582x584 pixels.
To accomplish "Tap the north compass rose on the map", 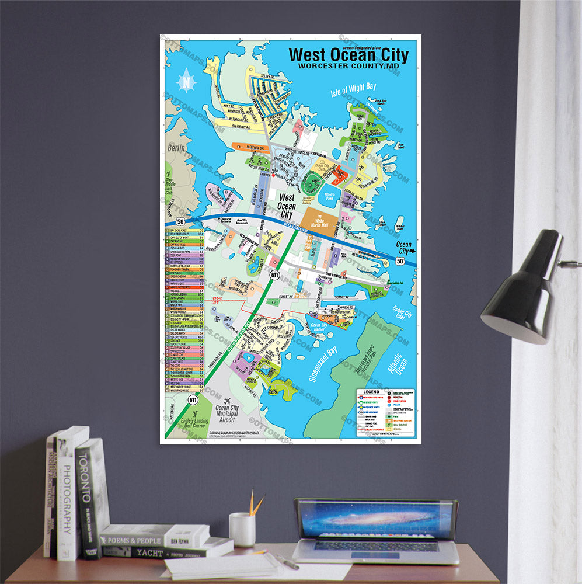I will click(x=186, y=81).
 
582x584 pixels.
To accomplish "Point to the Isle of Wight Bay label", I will click(x=353, y=89).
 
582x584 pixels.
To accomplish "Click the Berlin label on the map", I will click(x=177, y=148).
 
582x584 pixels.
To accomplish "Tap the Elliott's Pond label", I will click(x=330, y=197).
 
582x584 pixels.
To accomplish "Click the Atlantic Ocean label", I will click(x=398, y=357).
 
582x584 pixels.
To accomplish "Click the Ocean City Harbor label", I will click(x=319, y=328).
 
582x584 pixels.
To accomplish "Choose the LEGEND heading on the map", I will click(x=371, y=392).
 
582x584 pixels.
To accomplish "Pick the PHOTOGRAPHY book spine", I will click(x=66, y=496).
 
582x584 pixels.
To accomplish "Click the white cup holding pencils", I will click(x=242, y=529).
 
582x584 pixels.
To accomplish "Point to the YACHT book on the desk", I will click(x=163, y=550).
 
